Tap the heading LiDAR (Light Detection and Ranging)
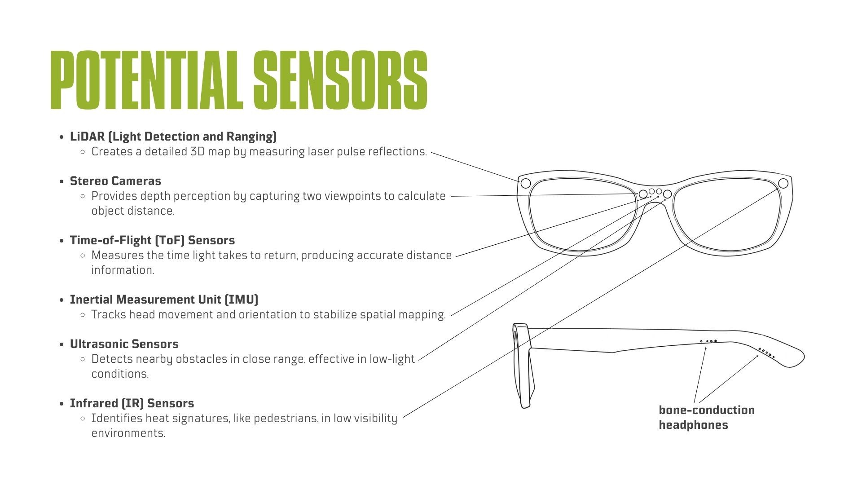(x=173, y=137)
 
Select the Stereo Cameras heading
(x=115, y=181)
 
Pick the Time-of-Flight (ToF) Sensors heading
(x=152, y=240)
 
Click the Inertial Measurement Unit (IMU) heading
(x=164, y=300)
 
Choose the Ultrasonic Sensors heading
(x=124, y=344)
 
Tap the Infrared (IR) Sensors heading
(x=132, y=403)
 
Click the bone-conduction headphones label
(x=706, y=417)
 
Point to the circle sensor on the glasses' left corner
(x=525, y=183)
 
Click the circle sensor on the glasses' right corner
(x=783, y=183)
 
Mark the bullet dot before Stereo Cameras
(x=62, y=181)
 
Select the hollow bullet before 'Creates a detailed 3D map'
(x=83, y=152)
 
